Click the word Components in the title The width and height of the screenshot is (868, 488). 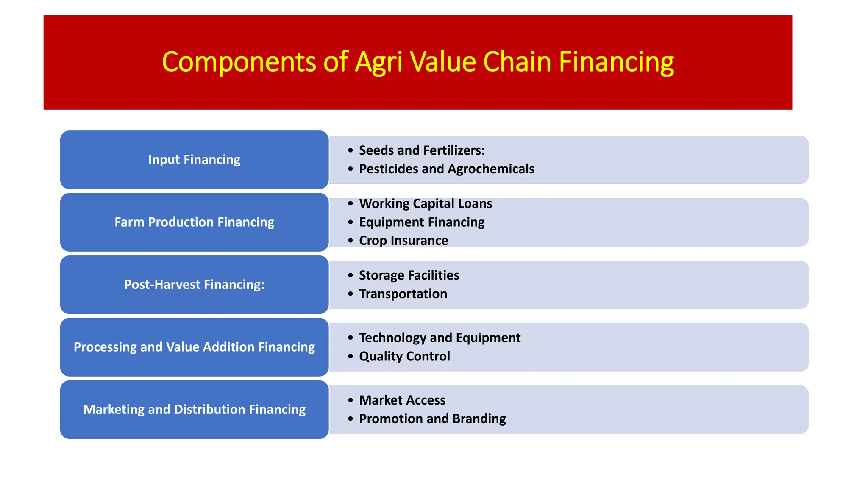[x=239, y=62]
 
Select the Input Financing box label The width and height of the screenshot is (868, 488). [x=194, y=160]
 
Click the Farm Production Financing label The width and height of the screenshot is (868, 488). [x=194, y=222]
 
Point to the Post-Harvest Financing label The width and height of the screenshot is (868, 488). [x=194, y=285]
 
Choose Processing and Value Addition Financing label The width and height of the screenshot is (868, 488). [x=194, y=347]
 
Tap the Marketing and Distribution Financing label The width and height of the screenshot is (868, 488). [x=194, y=410]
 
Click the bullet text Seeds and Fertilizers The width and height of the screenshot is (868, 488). [x=421, y=150]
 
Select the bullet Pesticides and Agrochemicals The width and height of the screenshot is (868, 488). [x=446, y=169]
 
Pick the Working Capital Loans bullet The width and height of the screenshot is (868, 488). [x=425, y=204]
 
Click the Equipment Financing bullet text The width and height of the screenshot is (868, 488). [x=421, y=222]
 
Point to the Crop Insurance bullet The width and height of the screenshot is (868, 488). [x=403, y=241]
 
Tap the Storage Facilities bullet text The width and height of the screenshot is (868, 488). [x=409, y=275]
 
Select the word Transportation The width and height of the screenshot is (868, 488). [x=403, y=294]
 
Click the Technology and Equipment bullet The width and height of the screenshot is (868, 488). [x=440, y=338]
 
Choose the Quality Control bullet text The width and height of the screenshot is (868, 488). [x=404, y=356]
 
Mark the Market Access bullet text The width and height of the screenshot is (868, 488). [x=402, y=400]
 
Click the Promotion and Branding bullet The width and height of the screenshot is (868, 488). [x=432, y=419]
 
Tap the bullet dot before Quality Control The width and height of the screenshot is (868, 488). [x=350, y=357]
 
